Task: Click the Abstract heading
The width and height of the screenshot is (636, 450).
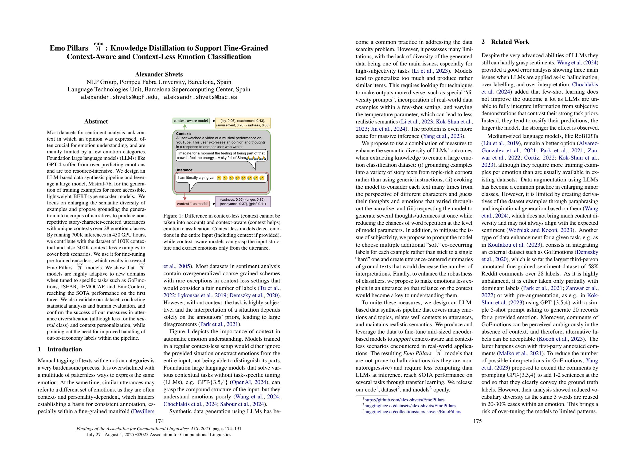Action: pos(96,121)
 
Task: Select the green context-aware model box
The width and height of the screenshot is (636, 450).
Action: pos(191,121)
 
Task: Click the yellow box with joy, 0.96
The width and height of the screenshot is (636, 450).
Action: pos(243,123)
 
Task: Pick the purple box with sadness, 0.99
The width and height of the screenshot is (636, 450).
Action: pos(243,201)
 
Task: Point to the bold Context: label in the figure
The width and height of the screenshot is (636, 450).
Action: pos(183,134)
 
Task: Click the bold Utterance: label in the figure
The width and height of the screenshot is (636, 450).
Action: pos(184,170)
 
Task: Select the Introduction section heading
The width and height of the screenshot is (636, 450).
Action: pos(64,349)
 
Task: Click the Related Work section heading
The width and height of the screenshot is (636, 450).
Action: pos(510,42)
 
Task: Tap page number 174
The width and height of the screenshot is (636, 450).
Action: pos(160,421)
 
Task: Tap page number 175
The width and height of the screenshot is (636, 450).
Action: pos(477,421)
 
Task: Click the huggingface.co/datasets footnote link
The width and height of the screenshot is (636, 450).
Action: pos(410,406)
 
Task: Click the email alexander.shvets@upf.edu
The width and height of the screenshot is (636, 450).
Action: pos(120,97)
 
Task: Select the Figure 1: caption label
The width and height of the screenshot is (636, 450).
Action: pos(173,216)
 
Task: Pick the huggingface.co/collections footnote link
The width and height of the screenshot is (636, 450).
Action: pos(413,412)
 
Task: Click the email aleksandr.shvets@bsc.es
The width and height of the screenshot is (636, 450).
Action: pos(200,97)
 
